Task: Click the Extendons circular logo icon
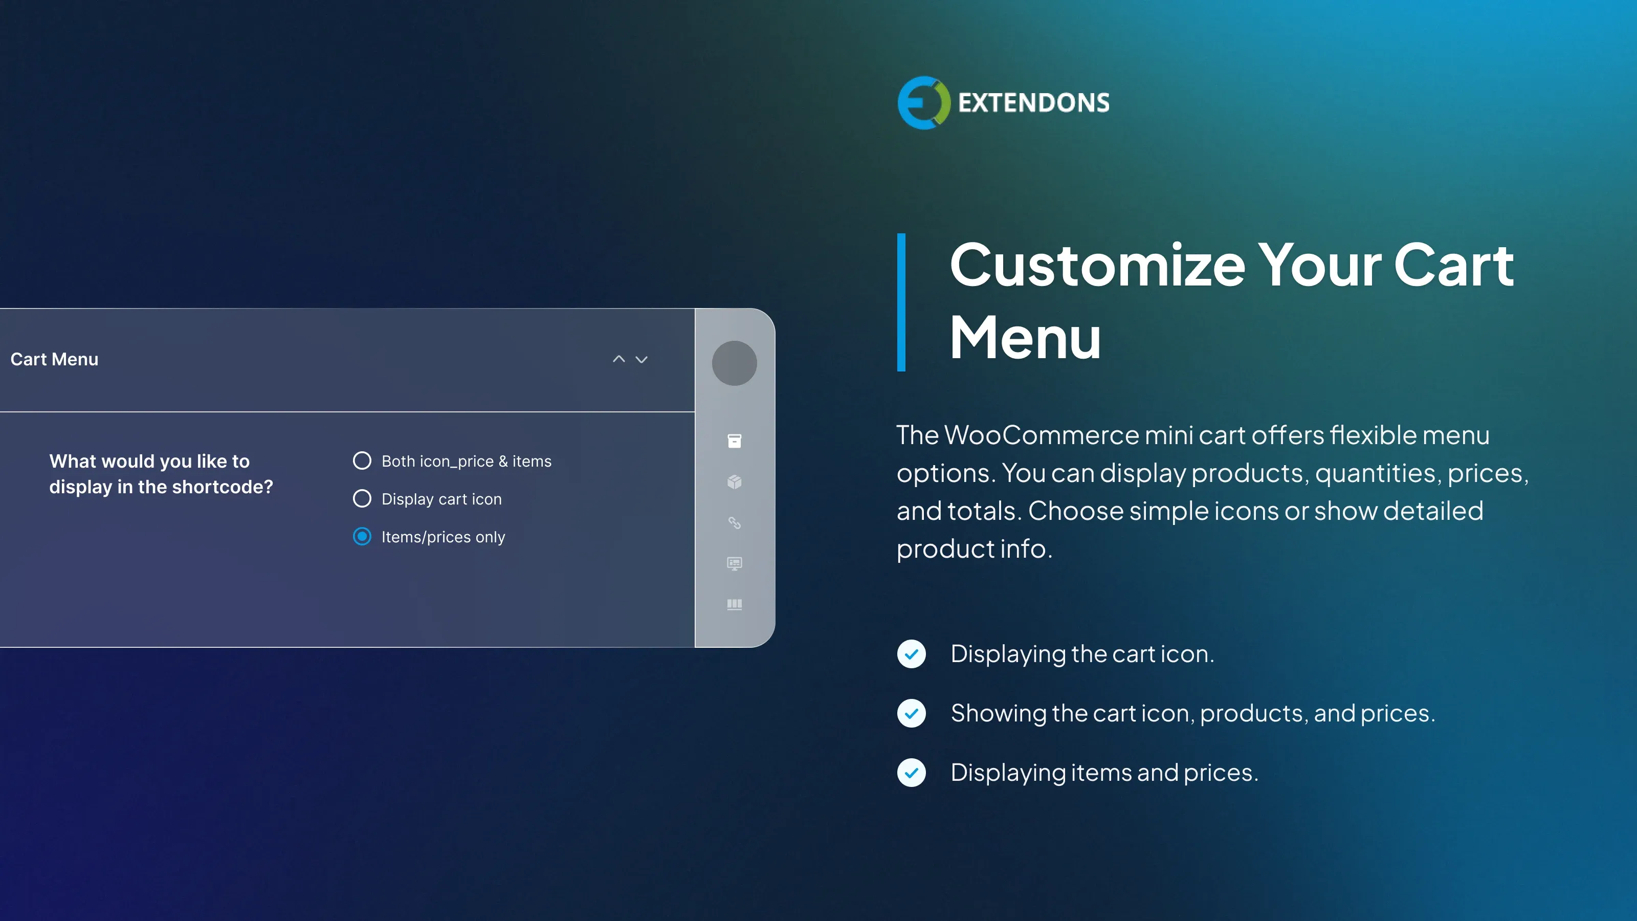click(923, 103)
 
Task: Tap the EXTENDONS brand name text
click(1033, 103)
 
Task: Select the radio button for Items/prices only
click(362, 536)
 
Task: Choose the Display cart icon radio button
click(362, 498)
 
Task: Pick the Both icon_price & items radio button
click(362, 461)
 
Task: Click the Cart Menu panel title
click(55, 359)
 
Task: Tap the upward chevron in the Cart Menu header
click(619, 359)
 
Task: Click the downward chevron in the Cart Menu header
click(642, 360)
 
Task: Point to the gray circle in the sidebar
click(734, 363)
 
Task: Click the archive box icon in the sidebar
click(734, 441)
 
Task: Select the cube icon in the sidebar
click(734, 482)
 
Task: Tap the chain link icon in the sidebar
click(734, 522)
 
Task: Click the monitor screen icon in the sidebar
click(734, 563)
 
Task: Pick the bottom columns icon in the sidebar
click(734, 604)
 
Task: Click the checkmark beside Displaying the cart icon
click(911, 654)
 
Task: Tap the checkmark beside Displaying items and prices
click(911, 773)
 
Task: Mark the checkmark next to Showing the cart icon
click(911, 713)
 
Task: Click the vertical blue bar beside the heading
click(901, 302)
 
